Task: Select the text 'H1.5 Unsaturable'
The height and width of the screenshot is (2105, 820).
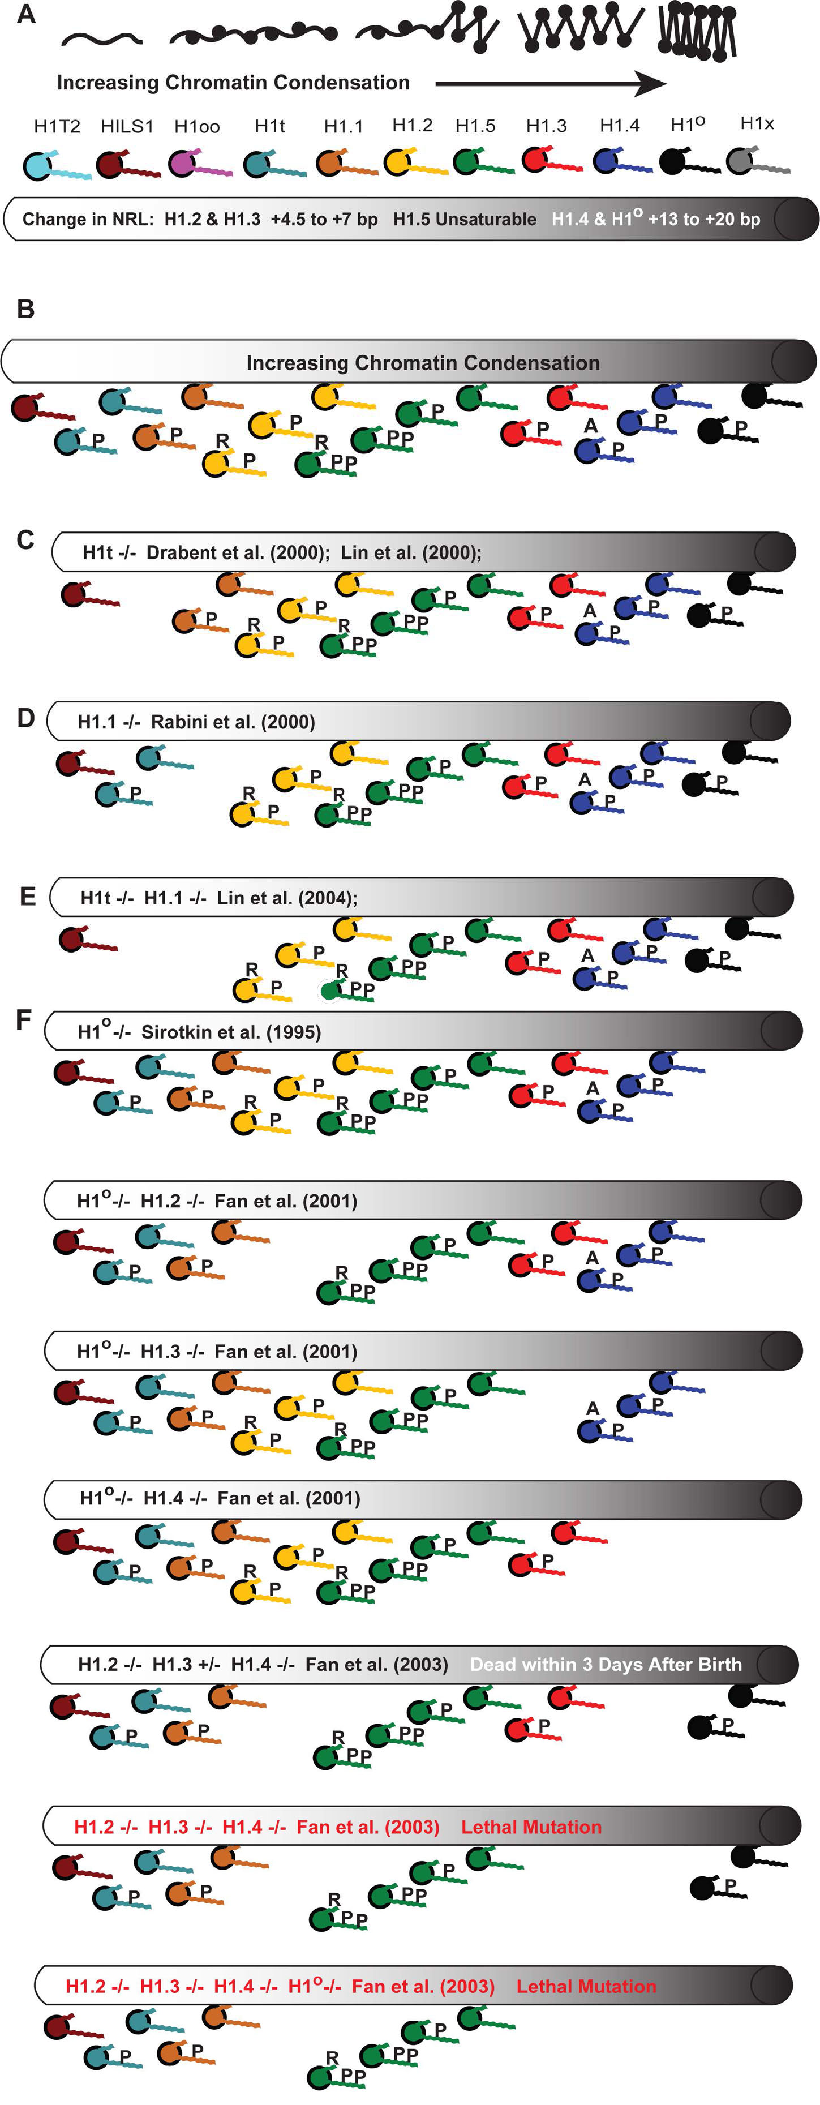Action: [464, 219]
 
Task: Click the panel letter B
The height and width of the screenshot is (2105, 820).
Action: [25, 310]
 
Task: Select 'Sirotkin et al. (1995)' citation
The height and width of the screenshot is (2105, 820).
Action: [231, 1031]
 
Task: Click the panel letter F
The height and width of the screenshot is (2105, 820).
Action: [24, 1020]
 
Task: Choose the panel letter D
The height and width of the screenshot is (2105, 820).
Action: [25, 718]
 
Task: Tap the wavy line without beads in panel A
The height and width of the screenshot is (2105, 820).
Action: [102, 37]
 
